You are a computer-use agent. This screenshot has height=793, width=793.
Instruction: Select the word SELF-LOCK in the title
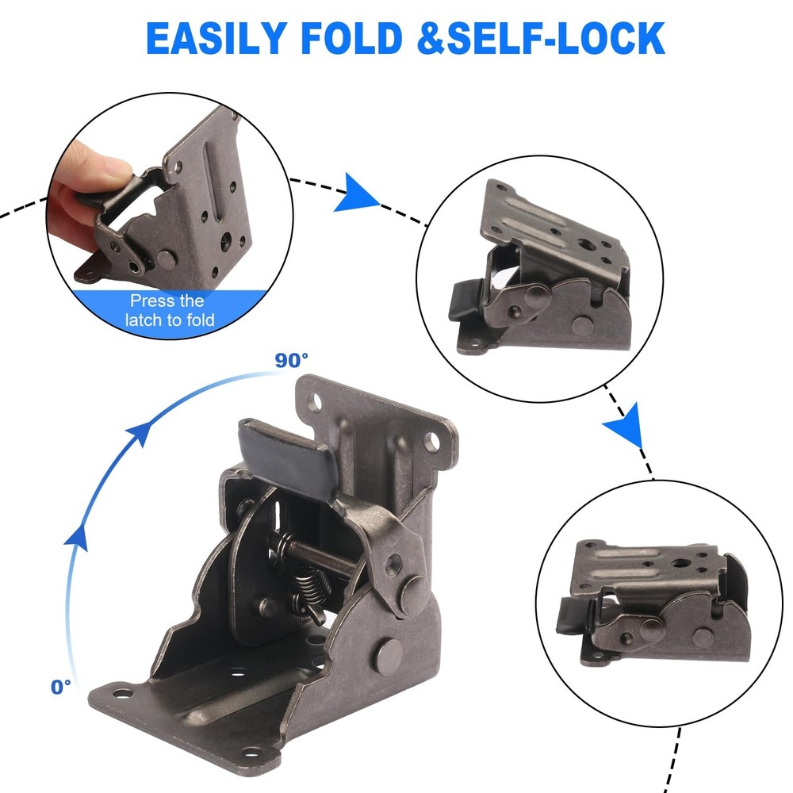click(555, 38)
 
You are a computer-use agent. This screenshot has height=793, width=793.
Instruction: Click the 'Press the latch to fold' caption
click(167, 311)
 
